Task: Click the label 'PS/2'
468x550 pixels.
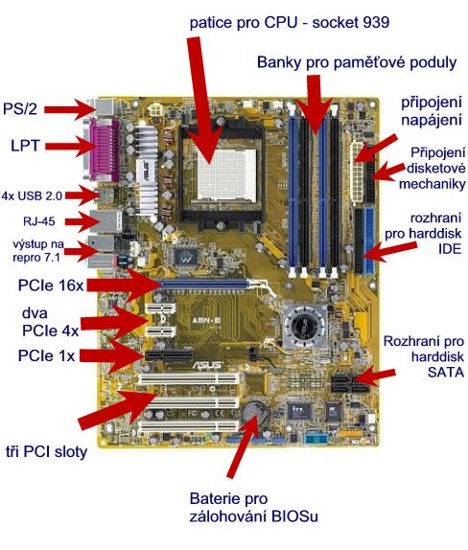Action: pos(20,109)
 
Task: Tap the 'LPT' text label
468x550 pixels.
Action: pos(25,146)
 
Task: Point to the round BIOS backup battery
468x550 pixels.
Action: pos(254,413)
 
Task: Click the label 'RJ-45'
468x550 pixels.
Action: pos(39,222)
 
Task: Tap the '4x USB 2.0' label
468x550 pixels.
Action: pos(32,195)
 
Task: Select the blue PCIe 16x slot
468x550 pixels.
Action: pos(205,283)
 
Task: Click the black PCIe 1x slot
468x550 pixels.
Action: pos(169,355)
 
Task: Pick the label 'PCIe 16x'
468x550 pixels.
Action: pos(51,286)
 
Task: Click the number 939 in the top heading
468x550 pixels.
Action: pos(375,22)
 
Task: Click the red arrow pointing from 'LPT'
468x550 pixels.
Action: pos(68,146)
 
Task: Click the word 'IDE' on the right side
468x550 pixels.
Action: pos(449,249)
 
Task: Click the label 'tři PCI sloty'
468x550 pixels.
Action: pos(46,452)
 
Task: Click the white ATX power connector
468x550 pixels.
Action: pos(357,171)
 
